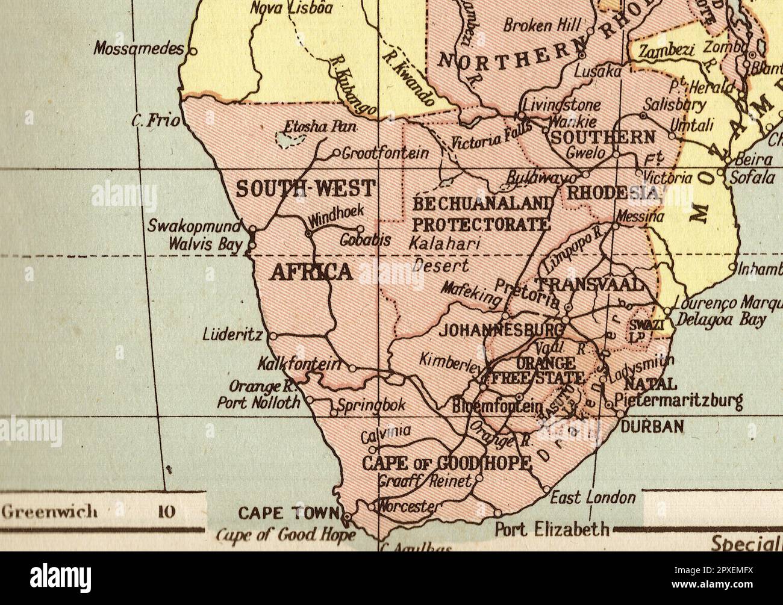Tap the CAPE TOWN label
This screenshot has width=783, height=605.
point(289,513)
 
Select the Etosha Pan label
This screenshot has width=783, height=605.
point(320,127)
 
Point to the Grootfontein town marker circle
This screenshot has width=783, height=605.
point(337,152)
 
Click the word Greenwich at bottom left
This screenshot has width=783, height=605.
point(49,512)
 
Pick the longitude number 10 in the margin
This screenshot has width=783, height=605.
point(166,512)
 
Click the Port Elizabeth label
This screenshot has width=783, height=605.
point(552,529)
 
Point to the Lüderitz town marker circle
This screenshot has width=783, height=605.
point(272,336)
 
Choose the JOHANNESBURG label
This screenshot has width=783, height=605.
point(501,330)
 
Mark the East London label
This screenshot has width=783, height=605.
point(593,497)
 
